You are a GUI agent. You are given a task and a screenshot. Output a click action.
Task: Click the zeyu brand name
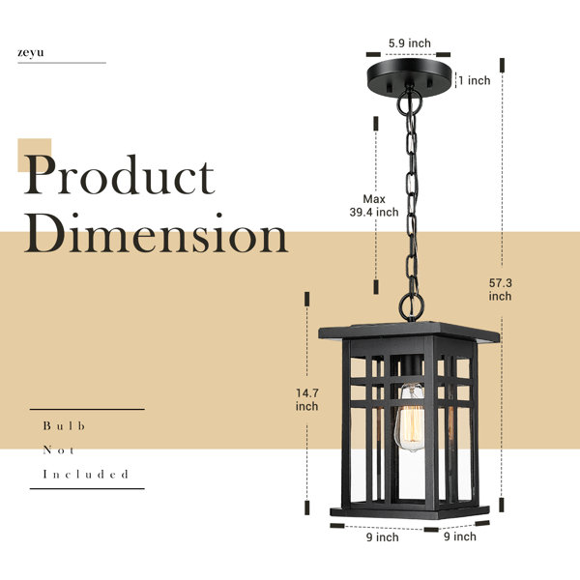click(31, 53)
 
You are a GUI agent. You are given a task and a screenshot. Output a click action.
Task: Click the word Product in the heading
click(119, 178)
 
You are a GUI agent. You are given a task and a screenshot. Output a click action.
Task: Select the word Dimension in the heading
click(156, 237)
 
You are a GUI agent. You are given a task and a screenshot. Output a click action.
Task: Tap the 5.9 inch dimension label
click(409, 43)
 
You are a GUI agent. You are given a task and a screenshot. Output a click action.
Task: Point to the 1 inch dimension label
click(474, 81)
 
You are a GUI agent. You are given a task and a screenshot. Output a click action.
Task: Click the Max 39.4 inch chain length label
click(374, 205)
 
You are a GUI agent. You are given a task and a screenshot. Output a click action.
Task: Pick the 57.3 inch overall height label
click(500, 288)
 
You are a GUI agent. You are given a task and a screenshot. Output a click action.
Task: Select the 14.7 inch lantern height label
click(306, 399)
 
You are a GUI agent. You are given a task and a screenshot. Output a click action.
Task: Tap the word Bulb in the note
click(65, 425)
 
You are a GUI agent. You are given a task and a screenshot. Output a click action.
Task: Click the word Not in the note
click(59, 449)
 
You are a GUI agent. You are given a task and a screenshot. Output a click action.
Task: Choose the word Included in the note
click(85, 475)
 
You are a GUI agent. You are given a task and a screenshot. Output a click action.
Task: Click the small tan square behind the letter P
click(35, 155)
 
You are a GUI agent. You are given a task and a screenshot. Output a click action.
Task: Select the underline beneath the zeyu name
click(61, 64)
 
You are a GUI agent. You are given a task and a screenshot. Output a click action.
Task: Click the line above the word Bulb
click(87, 409)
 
